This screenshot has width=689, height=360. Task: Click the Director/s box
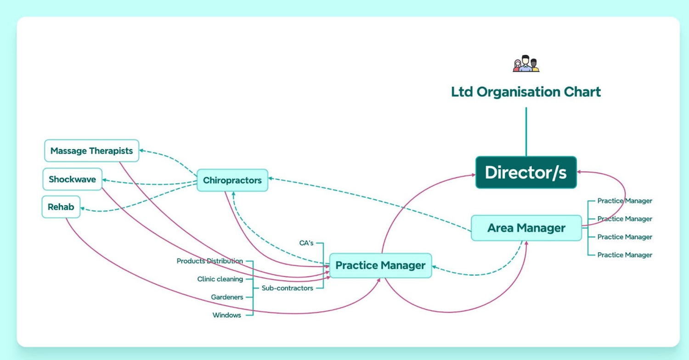[526, 173]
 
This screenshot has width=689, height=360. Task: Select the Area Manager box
[526, 228]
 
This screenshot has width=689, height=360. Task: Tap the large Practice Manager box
[380, 265]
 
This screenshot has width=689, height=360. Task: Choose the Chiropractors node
[232, 180]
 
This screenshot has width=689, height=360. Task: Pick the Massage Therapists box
[91, 151]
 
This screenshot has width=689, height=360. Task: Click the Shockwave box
[73, 179]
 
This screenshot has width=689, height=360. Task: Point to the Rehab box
[61, 207]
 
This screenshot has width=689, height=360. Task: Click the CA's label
[306, 243]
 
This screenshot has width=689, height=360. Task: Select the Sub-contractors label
[288, 288]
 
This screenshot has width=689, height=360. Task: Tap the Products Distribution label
[210, 261]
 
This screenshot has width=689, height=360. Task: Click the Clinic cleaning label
[220, 279]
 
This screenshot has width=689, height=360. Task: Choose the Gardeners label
[227, 297]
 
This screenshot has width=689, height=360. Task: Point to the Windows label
[227, 315]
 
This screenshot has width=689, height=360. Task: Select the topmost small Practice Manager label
[625, 201]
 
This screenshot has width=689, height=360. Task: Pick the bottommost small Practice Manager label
[625, 255]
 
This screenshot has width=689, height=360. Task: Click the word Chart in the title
[583, 92]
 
